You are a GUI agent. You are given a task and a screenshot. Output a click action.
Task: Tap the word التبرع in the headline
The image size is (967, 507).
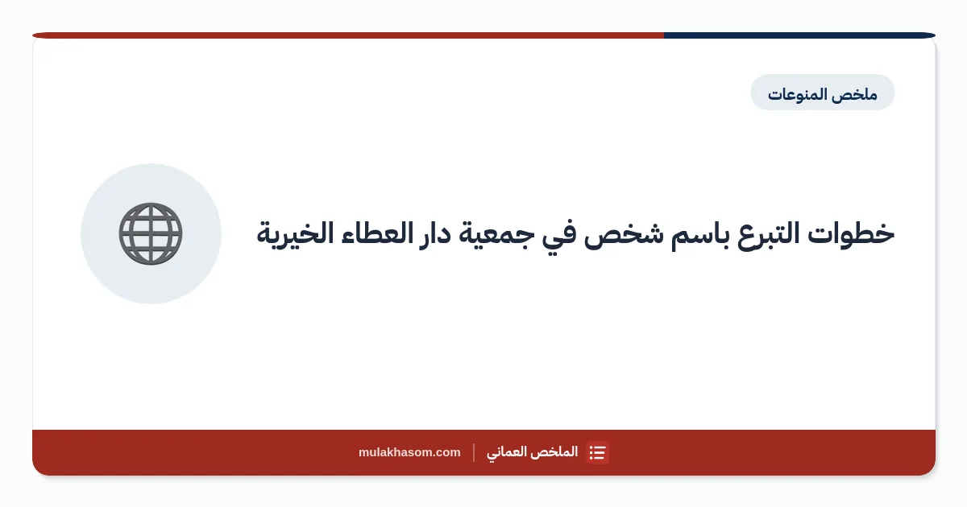click(763, 235)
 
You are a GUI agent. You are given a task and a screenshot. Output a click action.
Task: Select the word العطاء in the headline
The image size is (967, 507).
click(376, 233)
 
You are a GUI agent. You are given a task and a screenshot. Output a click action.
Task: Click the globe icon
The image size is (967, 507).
click(151, 233)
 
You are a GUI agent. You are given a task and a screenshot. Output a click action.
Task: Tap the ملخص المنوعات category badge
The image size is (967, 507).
click(823, 93)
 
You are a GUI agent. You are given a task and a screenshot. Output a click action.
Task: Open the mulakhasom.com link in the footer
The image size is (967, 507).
click(409, 452)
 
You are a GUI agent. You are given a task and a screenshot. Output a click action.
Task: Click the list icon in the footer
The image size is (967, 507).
click(597, 452)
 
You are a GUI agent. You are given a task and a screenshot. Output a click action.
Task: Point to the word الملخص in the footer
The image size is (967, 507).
click(554, 451)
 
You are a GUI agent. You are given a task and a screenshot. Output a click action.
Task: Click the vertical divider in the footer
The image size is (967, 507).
click(474, 452)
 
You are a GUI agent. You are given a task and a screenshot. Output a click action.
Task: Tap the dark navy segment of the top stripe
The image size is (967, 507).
click(799, 35)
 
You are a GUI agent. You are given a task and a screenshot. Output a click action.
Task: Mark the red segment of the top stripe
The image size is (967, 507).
click(348, 35)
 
